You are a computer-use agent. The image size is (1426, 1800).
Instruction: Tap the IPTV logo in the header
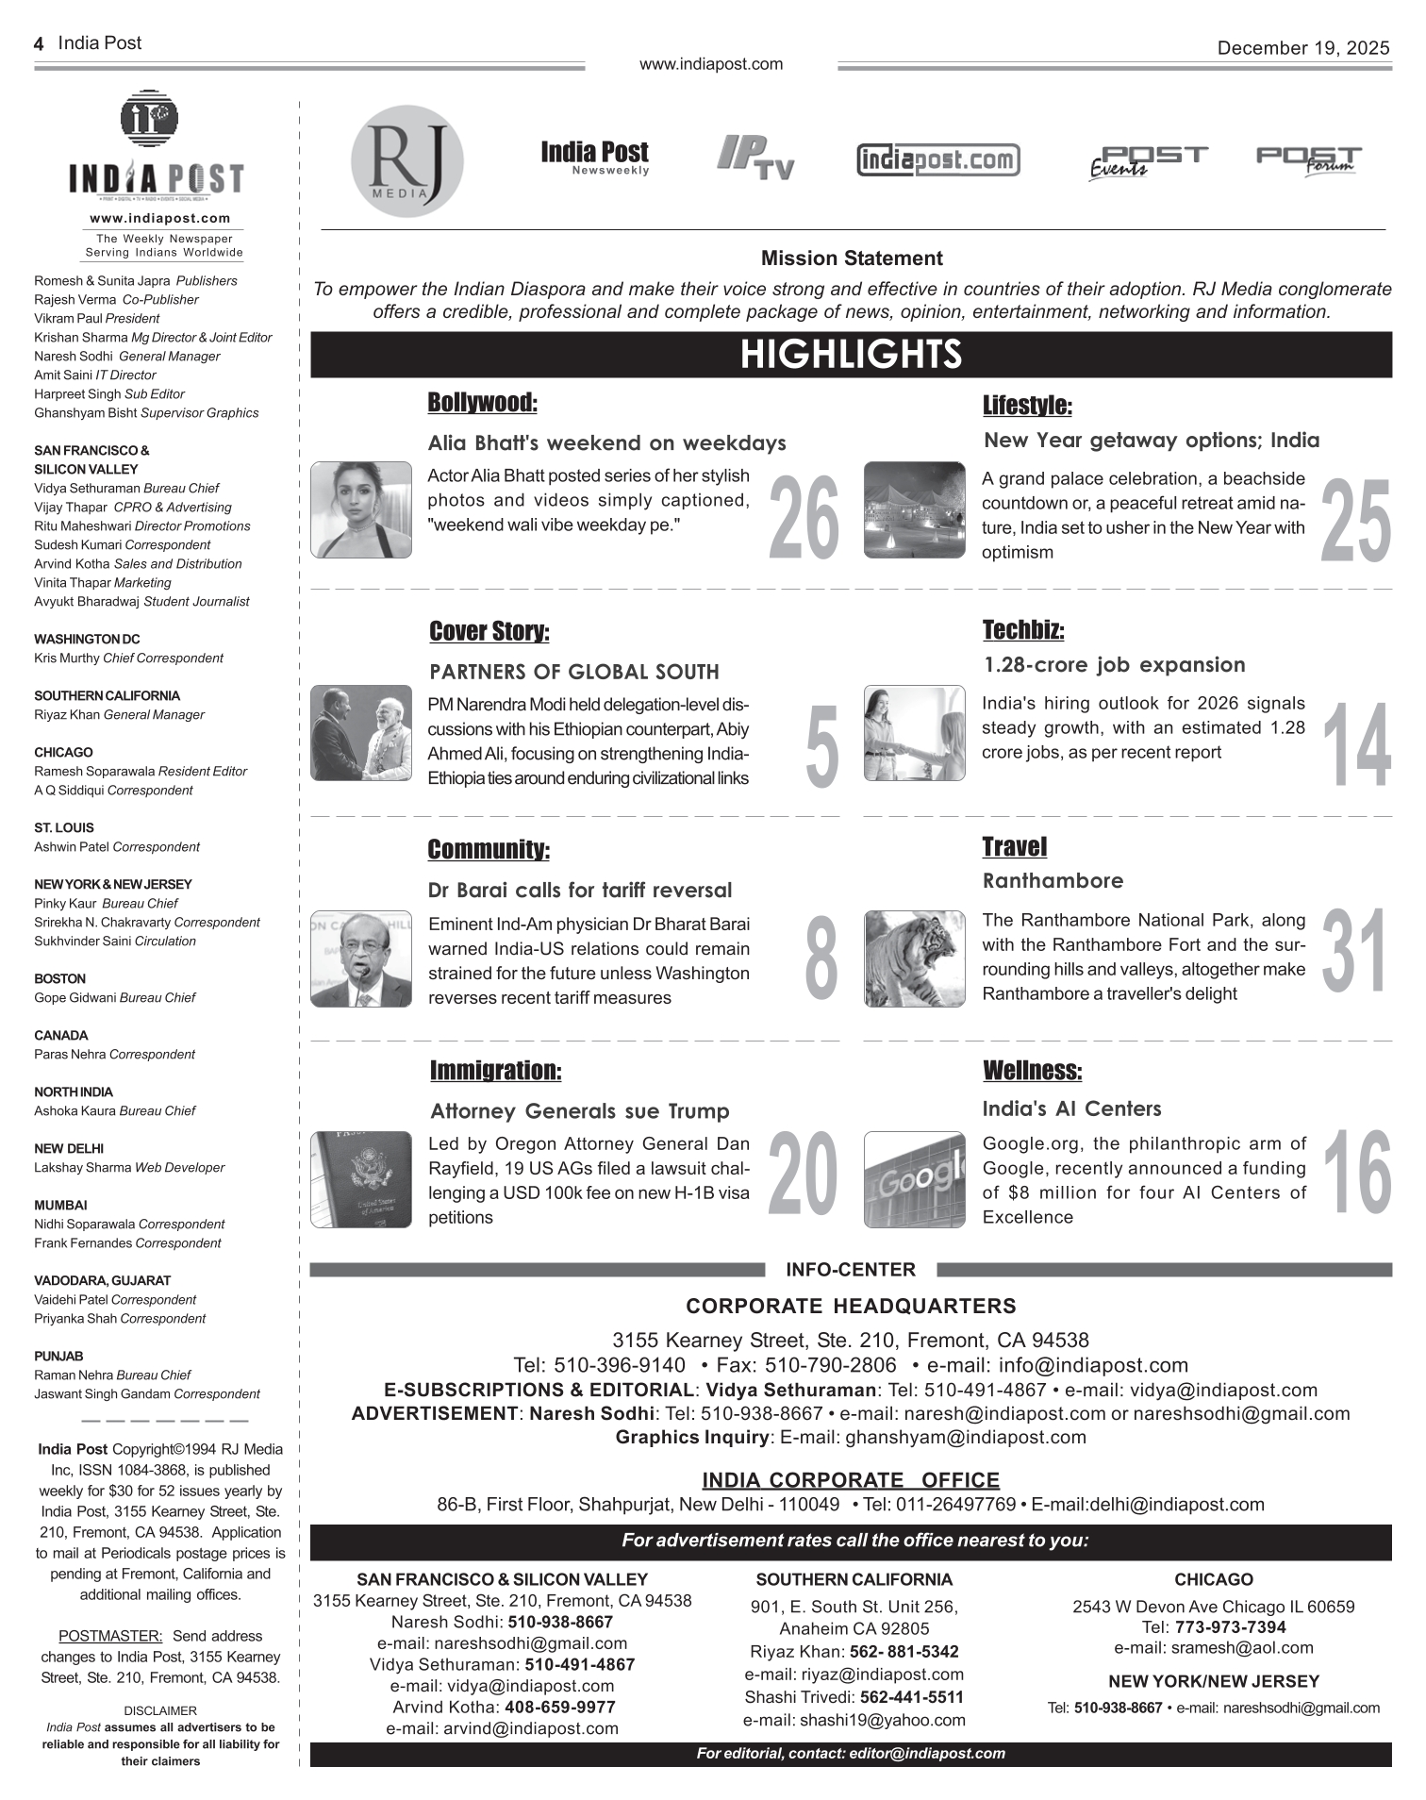point(755,158)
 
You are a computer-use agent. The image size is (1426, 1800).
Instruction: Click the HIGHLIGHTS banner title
point(851,355)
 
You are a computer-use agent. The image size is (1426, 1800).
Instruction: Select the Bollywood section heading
point(482,403)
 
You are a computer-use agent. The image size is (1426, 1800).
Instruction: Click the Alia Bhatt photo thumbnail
point(361,509)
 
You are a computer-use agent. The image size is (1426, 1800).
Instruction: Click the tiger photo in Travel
point(914,958)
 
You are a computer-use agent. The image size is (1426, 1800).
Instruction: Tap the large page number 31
point(1354,952)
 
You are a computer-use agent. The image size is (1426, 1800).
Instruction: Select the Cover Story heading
point(489,631)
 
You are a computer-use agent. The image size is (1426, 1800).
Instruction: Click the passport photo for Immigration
point(361,1179)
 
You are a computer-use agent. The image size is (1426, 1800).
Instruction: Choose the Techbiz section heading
point(1022,629)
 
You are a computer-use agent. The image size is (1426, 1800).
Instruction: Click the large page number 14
point(1356,746)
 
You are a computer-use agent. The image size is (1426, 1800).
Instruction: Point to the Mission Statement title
point(851,258)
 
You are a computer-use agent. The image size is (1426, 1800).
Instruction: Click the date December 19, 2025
point(1302,48)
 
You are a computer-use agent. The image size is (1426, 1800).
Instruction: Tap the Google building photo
point(914,1179)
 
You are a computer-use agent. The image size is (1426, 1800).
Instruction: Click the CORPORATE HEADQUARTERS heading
point(851,1306)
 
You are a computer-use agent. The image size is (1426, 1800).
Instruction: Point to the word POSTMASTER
point(110,1636)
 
